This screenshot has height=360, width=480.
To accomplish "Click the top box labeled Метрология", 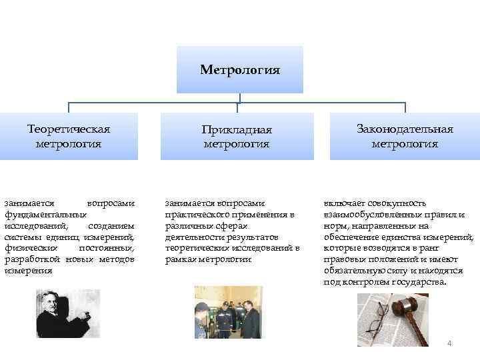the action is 240,69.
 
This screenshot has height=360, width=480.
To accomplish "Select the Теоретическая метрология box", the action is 69,136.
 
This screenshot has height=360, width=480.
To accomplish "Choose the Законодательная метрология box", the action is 405,136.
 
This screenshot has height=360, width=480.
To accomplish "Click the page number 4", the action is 449,343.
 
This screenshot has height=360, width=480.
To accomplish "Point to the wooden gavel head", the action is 407,309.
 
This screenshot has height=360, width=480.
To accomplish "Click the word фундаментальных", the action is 45,215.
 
